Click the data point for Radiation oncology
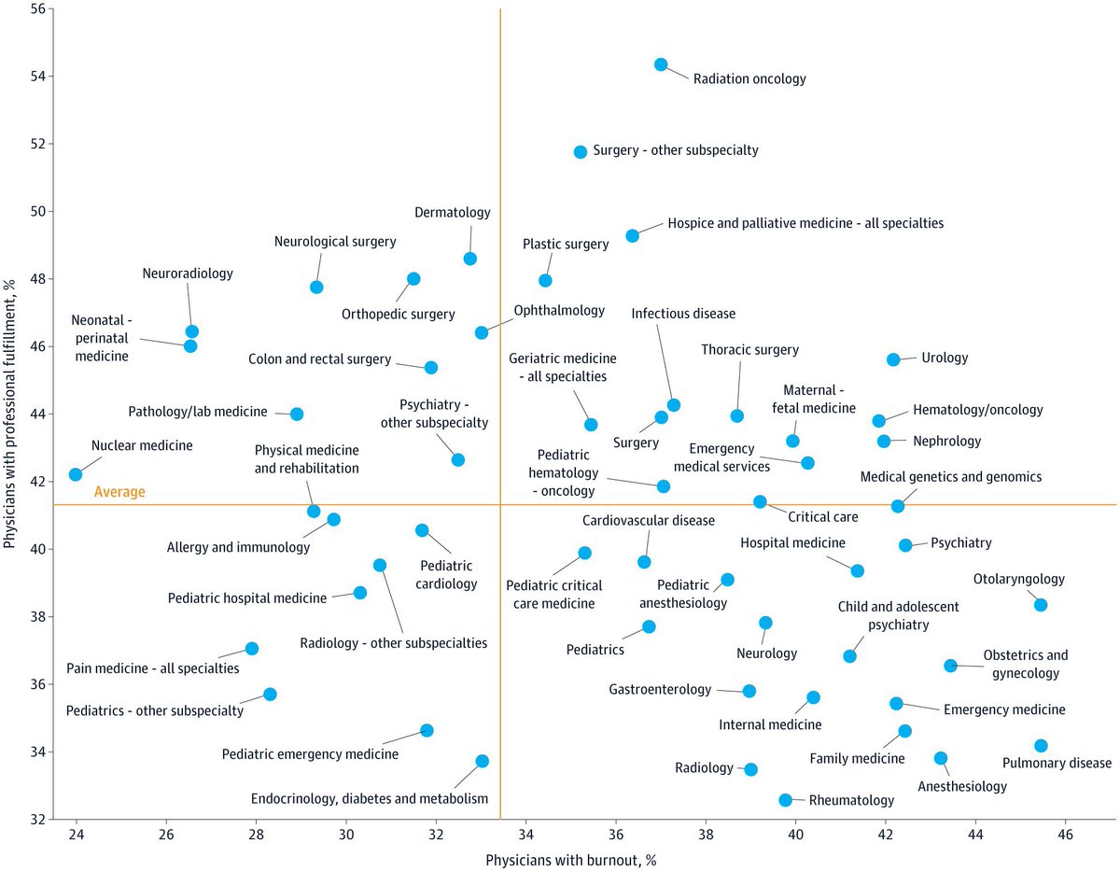point(661,64)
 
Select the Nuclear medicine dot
point(76,474)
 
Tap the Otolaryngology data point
point(1041,605)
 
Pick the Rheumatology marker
point(786,800)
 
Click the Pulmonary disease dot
point(1041,745)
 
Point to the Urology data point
point(893,359)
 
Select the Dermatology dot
point(470,259)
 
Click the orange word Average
point(119,492)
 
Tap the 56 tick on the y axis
point(38,8)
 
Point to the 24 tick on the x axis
point(77,834)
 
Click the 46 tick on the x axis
point(1064,834)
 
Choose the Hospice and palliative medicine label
point(805,224)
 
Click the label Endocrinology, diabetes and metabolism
point(370,798)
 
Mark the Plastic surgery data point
point(546,280)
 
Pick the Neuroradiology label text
point(188,274)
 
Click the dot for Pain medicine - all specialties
point(252,648)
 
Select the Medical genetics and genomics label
point(950,478)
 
